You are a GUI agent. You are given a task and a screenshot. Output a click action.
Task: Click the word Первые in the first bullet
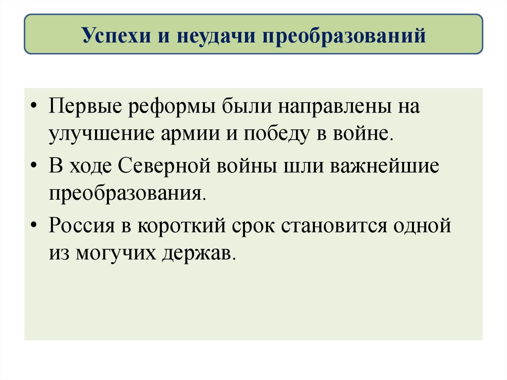coord(85,108)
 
